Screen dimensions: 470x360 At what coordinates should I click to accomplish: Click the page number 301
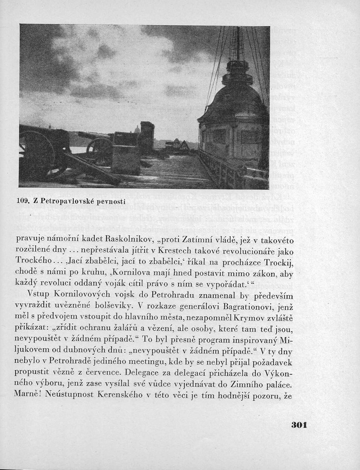click(x=299, y=424)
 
